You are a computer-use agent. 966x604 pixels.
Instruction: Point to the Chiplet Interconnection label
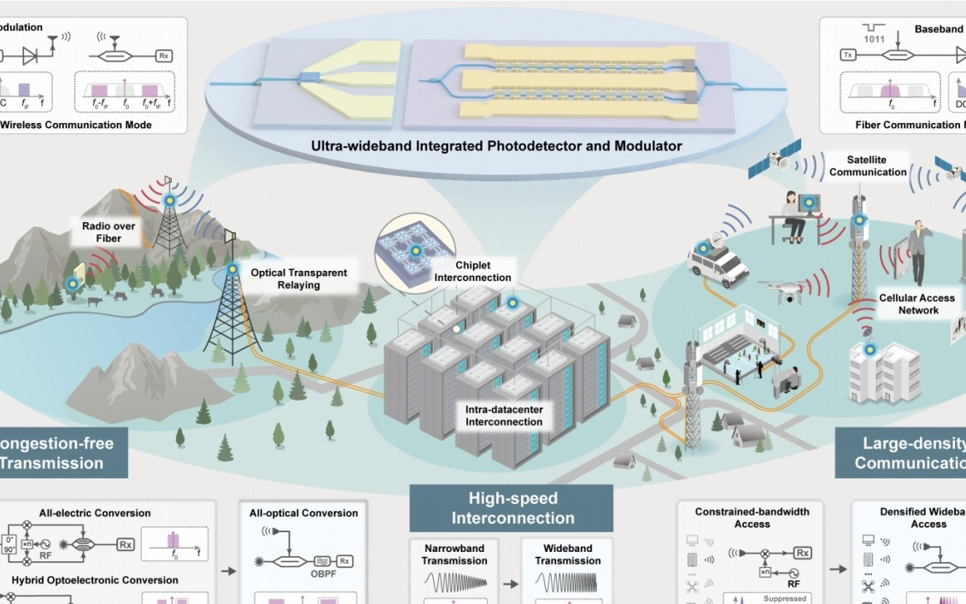[472, 271]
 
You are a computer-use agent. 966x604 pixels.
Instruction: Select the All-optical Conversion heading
[303, 513]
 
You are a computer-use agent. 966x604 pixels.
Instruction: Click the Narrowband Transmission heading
[454, 554]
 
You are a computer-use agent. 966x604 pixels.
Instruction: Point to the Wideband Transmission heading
[567, 554]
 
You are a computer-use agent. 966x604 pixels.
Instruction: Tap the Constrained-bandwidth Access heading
[752, 518]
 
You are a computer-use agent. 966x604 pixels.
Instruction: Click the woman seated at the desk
[794, 214]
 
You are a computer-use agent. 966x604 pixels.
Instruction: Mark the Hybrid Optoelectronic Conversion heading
[95, 580]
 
